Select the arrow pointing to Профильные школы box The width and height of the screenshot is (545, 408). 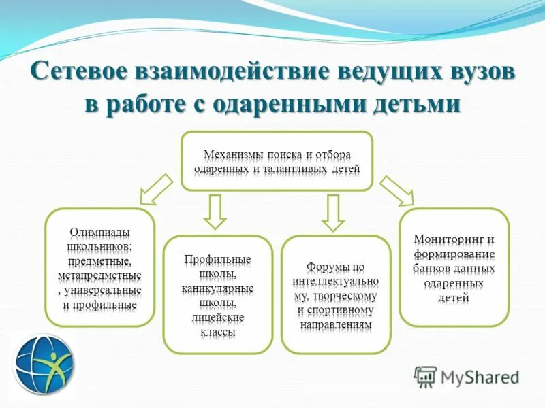click(x=215, y=211)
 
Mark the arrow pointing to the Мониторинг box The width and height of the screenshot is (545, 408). click(x=396, y=190)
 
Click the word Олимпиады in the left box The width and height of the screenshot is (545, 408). click(x=100, y=232)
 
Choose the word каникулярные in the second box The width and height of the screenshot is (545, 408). click(x=218, y=289)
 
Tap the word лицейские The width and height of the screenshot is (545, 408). click(x=218, y=318)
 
